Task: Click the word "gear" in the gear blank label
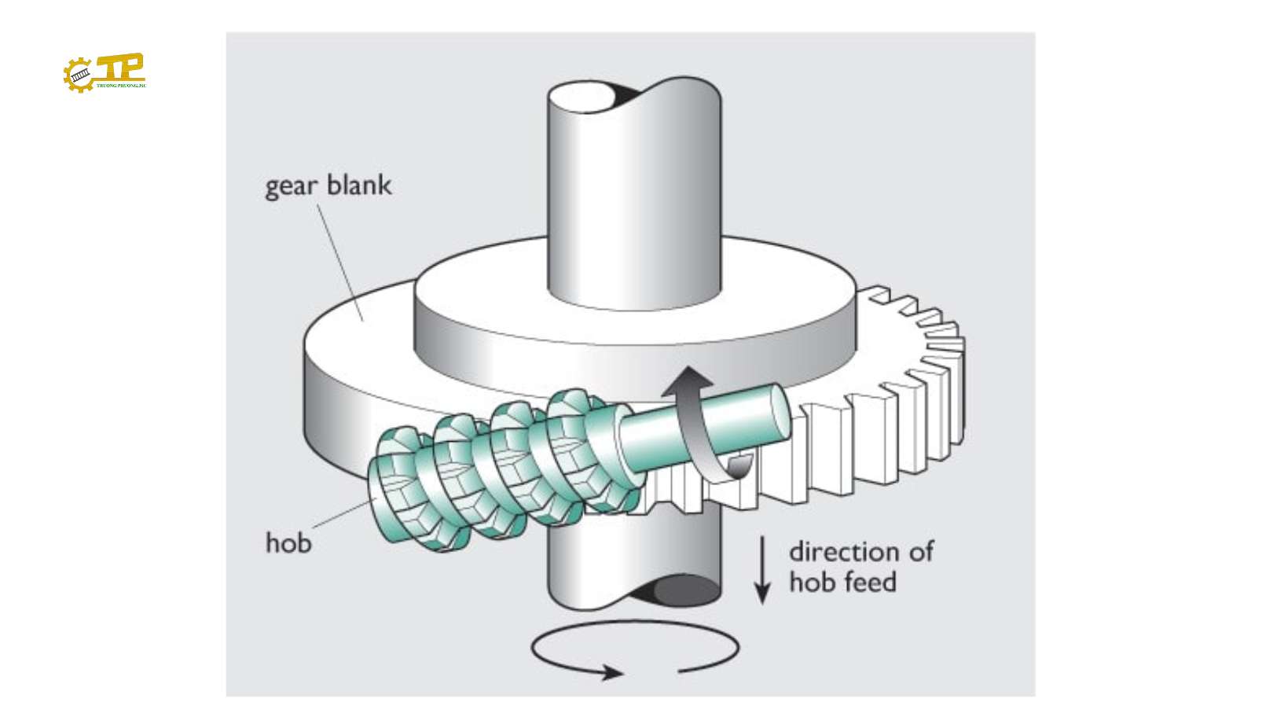coord(291,187)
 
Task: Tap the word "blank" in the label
coord(359,185)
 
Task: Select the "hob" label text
coord(288,543)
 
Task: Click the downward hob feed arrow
coord(762,570)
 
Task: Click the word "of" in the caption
coord(921,551)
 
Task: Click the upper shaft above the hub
coord(633,197)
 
